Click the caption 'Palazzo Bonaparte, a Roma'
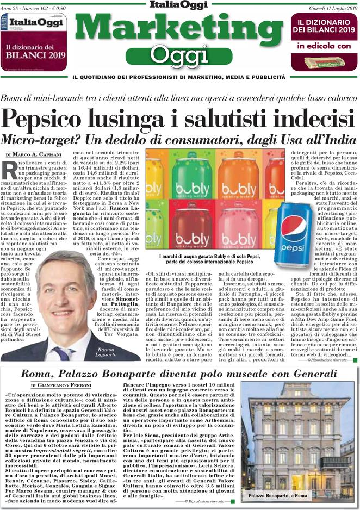(278, 496)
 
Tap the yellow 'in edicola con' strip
(324, 47)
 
